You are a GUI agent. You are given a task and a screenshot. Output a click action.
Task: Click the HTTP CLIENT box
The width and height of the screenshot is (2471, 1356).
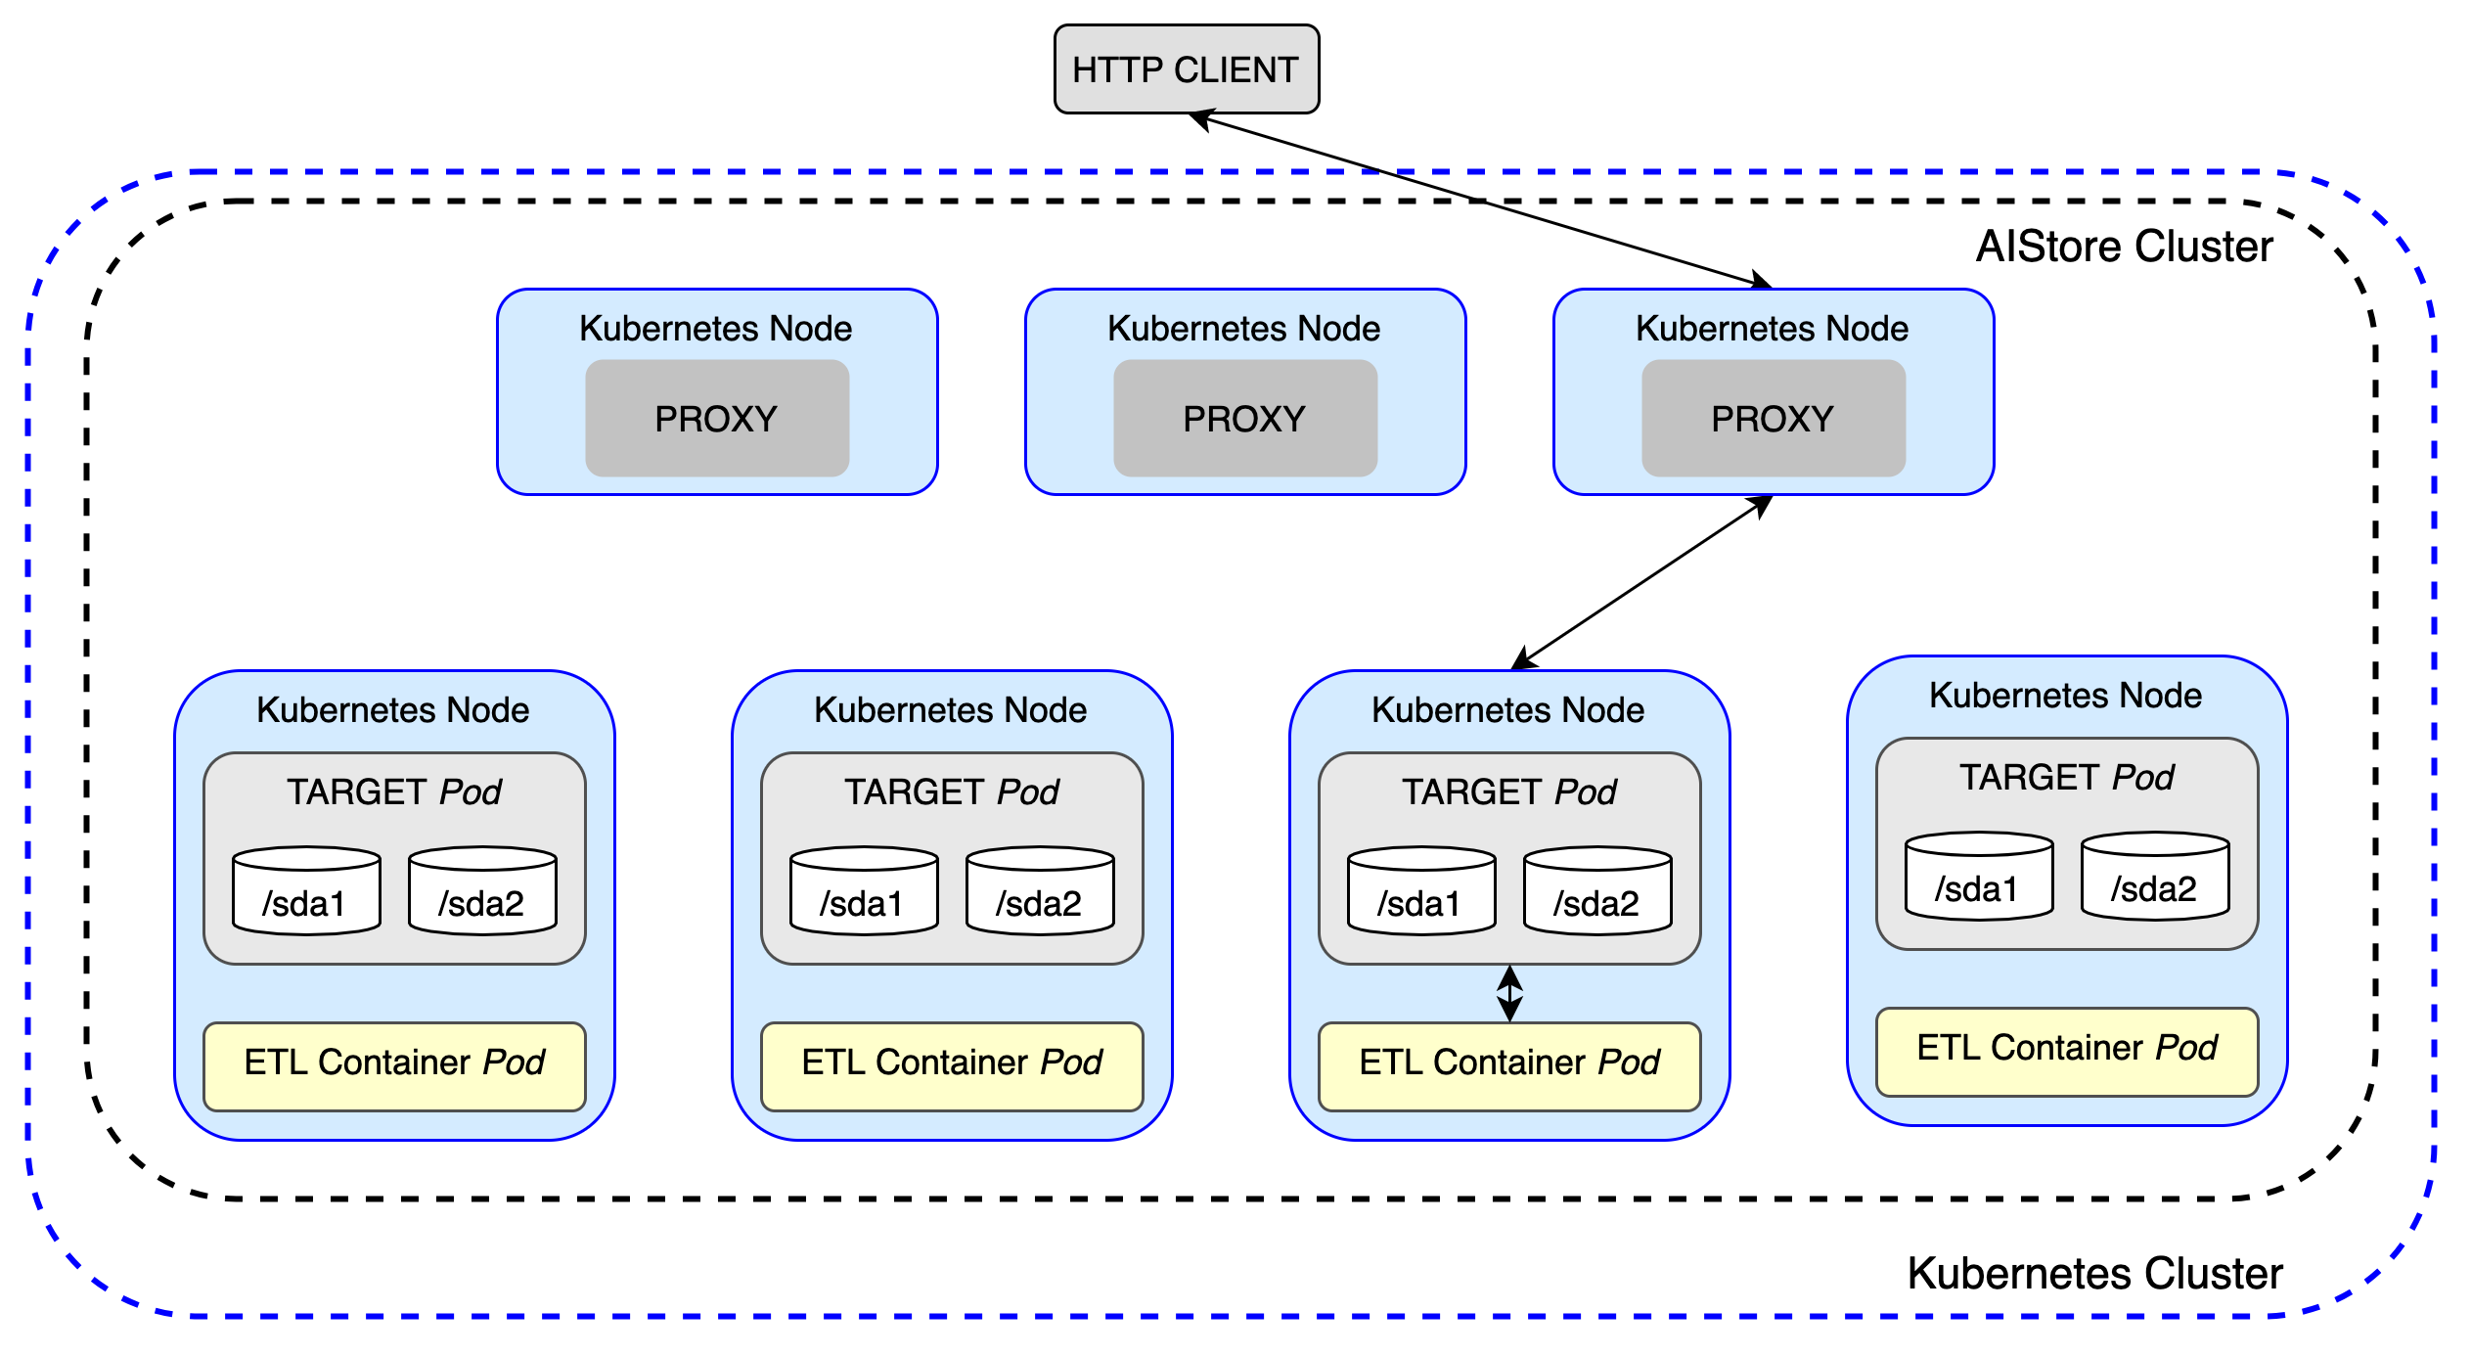[1186, 69]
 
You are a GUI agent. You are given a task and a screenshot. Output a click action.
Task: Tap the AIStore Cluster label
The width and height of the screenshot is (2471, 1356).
[2124, 247]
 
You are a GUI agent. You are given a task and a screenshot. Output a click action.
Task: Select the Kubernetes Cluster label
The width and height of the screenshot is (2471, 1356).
[2094, 1274]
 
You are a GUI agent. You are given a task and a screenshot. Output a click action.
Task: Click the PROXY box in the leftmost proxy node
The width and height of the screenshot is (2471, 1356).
[717, 419]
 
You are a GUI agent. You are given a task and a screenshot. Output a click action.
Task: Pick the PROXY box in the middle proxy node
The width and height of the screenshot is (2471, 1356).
[1245, 419]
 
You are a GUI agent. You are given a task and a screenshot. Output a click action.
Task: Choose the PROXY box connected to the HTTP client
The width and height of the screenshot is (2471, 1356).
[1774, 419]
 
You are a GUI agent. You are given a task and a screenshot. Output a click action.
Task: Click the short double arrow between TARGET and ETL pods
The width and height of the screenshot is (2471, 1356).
[1509, 994]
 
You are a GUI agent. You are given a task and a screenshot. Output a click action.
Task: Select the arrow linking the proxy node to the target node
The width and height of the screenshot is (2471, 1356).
[1643, 582]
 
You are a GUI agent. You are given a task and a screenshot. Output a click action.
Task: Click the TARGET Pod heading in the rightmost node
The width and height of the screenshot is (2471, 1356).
[2066, 778]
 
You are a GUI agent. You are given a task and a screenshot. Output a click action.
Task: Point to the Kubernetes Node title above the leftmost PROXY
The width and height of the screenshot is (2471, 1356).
[715, 329]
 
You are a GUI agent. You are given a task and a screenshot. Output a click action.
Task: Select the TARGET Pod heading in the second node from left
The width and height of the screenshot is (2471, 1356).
[951, 792]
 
